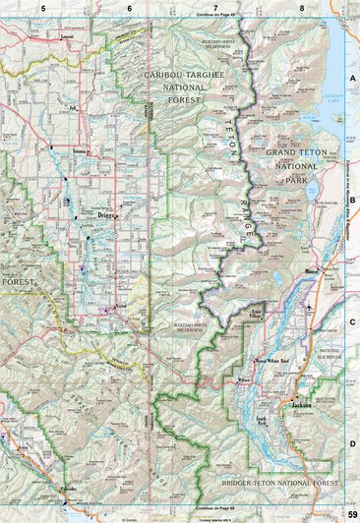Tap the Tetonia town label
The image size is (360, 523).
tap(81, 153)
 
